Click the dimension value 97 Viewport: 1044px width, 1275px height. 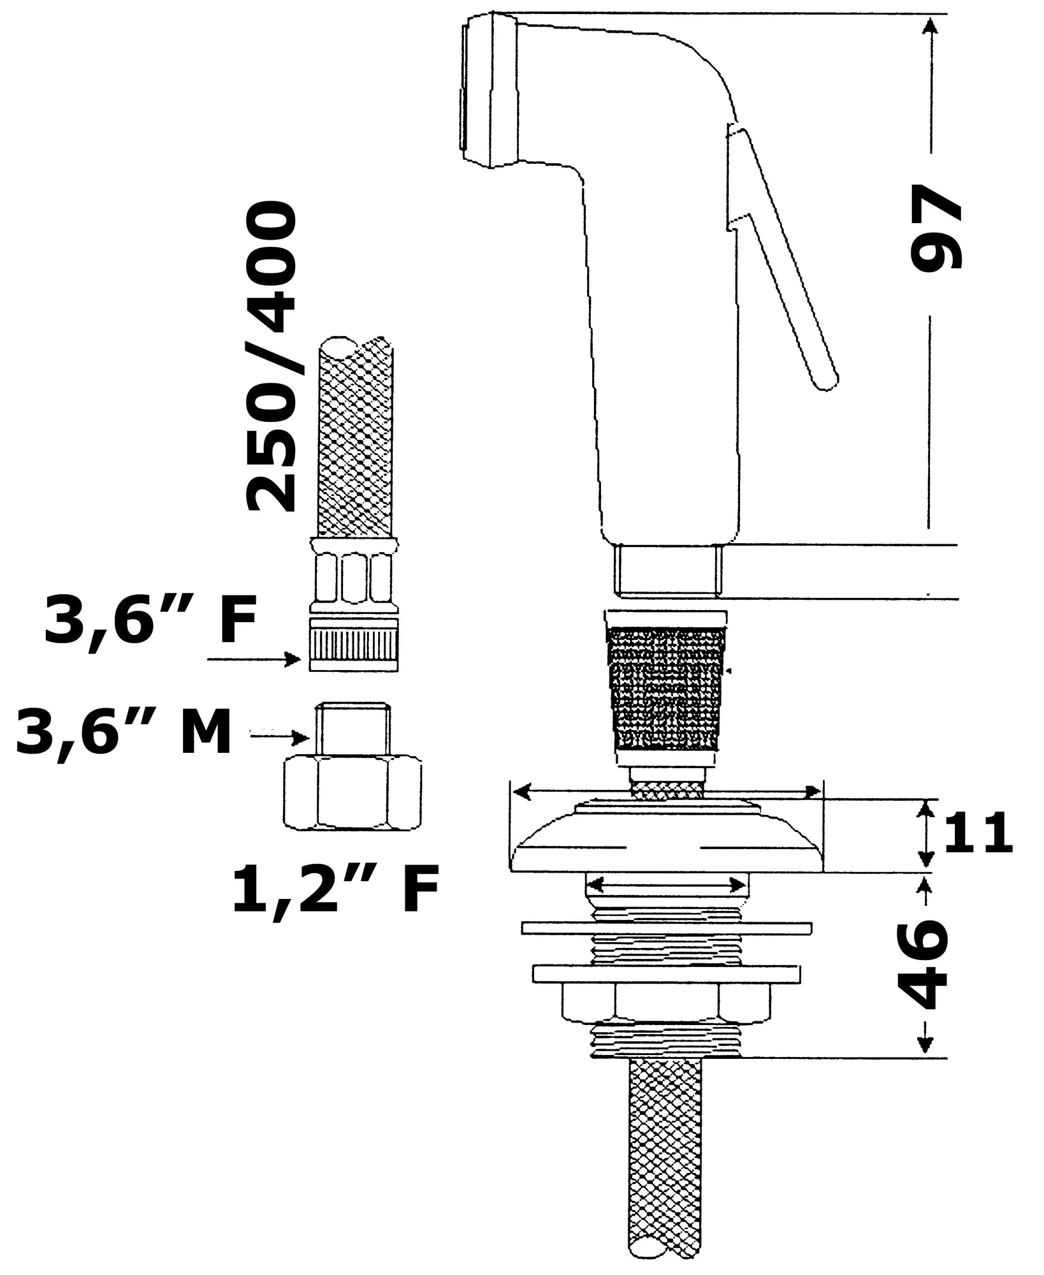(x=936, y=230)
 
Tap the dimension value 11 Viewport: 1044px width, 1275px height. (x=978, y=833)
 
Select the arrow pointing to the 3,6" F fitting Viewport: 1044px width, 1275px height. (x=255, y=659)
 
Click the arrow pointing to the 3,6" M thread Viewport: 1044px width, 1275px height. (x=280, y=738)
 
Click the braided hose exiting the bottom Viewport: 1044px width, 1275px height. (x=667, y=1160)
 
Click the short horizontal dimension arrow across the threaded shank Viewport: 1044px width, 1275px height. (x=667, y=885)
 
